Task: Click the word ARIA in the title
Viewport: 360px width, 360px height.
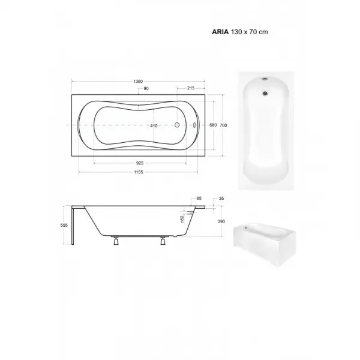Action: tap(220, 32)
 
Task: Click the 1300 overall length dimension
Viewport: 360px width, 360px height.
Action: tap(138, 81)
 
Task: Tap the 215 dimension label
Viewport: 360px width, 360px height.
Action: tap(191, 88)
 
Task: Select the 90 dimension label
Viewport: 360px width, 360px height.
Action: tap(146, 88)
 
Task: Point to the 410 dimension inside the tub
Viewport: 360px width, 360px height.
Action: tap(154, 126)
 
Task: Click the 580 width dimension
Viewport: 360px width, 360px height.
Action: tap(213, 125)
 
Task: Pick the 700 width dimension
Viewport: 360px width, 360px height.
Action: tap(223, 125)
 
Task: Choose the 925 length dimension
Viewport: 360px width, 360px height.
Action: tap(140, 163)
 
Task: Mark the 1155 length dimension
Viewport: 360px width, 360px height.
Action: tap(139, 172)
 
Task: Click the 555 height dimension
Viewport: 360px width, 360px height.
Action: tap(64, 226)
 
